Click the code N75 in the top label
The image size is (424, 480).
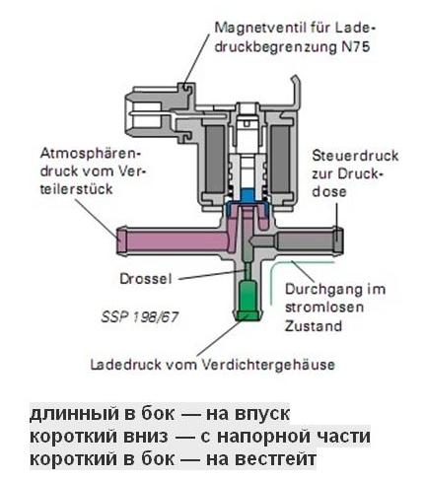tap(354, 47)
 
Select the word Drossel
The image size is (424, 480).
tap(146, 279)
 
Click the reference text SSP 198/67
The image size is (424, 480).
tap(140, 317)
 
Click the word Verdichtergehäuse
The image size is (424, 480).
tap(267, 365)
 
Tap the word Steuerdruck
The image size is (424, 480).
tap(355, 156)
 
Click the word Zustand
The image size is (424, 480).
tap(314, 326)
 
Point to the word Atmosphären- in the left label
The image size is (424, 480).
tap(90, 154)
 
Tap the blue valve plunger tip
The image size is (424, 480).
tap(247, 195)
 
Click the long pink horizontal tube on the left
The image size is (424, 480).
tap(171, 240)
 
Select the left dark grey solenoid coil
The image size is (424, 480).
tap(215, 159)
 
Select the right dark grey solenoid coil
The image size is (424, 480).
tap(280, 159)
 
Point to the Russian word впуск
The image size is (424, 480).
tap(262, 414)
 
